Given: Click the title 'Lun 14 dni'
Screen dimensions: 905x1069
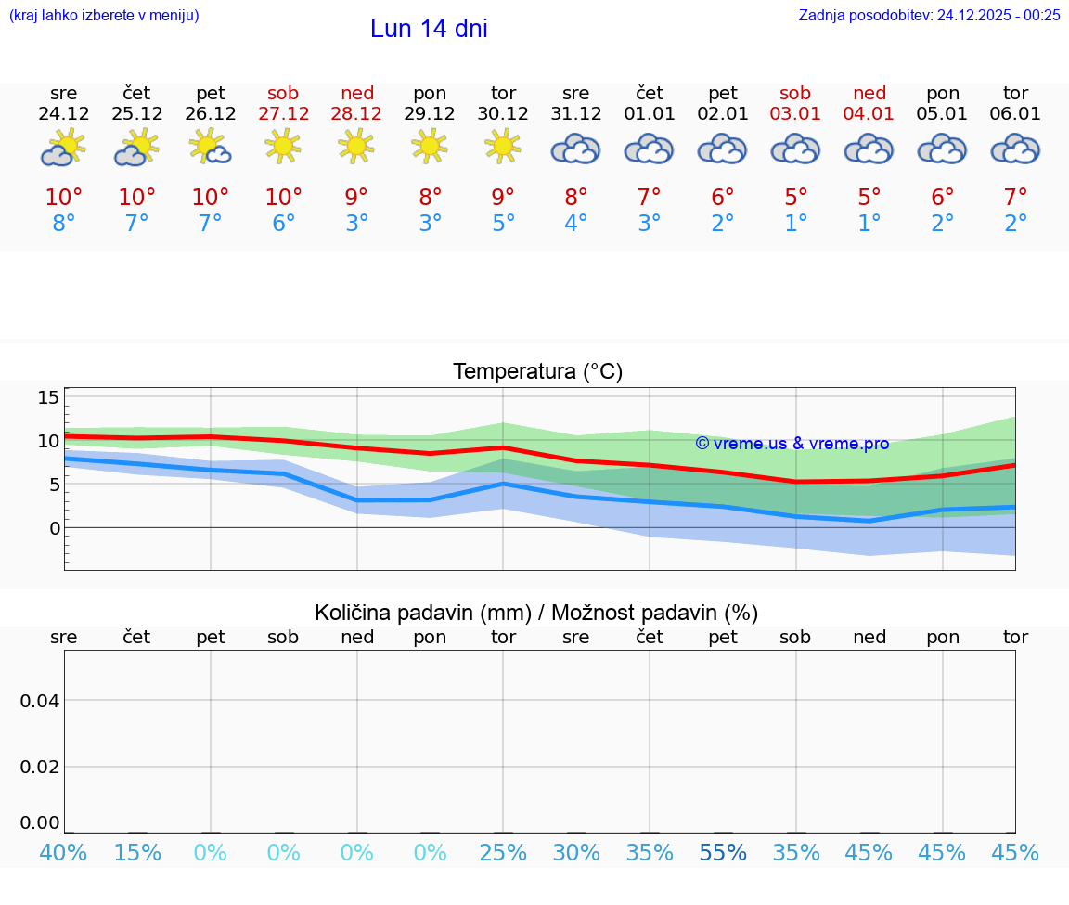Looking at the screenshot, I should coord(429,29).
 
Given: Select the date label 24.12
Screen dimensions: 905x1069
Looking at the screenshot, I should coord(64,114).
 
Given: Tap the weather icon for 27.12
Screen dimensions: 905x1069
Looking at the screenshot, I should coord(283,147).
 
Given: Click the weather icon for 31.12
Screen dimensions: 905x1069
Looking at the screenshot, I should coord(575,149).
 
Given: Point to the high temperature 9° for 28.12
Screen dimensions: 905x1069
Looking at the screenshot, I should coord(356,198).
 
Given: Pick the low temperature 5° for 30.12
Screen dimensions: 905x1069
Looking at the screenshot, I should coord(503,224).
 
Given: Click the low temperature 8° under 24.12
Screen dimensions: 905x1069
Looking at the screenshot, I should coord(64,224).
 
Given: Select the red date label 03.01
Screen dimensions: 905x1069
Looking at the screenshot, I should coord(795,114).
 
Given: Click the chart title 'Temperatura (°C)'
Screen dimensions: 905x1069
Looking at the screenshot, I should coord(537,372).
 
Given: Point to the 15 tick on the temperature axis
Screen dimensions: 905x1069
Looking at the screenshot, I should coord(48,397).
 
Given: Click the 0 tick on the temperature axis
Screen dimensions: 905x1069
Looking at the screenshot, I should coord(54,528).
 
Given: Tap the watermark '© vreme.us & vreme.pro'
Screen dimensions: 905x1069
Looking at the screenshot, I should coord(792,444).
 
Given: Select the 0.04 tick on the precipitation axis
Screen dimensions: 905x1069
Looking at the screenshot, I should coord(41,701).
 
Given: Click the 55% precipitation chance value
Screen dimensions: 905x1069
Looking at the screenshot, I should coord(723,853).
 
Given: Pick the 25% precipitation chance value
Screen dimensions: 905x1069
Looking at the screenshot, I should coord(503,853).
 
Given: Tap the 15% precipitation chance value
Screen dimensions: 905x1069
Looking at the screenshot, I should coord(137,853).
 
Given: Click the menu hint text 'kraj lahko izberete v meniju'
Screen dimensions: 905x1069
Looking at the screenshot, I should coord(104,15).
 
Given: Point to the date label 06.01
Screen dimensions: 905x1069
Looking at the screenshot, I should coord(1015,114).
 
